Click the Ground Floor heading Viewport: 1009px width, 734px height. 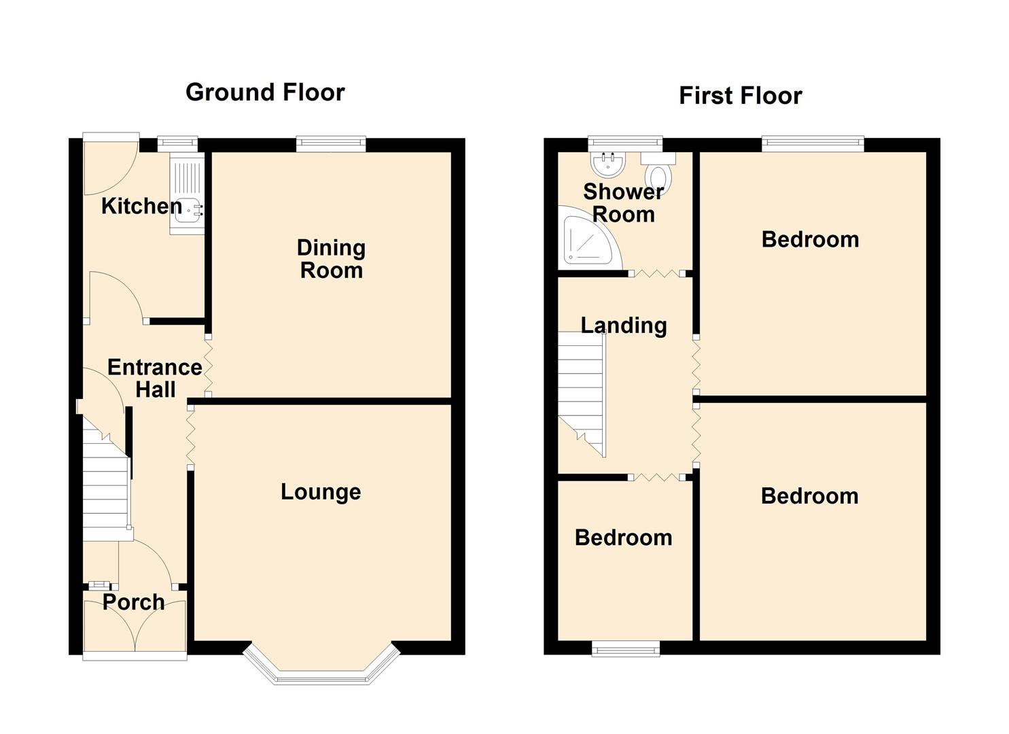tap(265, 93)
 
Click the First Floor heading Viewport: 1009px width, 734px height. tap(740, 96)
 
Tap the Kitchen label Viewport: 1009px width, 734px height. tap(141, 207)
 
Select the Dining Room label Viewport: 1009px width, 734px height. tap(331, 259)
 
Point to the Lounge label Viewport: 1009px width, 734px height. tap(321, 492)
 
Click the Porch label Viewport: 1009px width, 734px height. tap(133, 602)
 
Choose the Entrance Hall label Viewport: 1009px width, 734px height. tap(155, 379)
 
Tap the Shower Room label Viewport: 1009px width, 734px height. tap(624, 203)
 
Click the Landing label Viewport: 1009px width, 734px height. tap(624, 326)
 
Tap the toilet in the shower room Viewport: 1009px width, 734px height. tap(658, 173)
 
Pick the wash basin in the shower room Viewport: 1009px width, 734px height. tap(607, 164)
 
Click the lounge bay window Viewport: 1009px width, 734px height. tap(321, 665)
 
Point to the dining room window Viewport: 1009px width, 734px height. tap(331, 144)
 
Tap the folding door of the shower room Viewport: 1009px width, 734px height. tap(657, 273)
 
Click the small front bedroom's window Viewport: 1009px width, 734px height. tap(626, 649)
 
